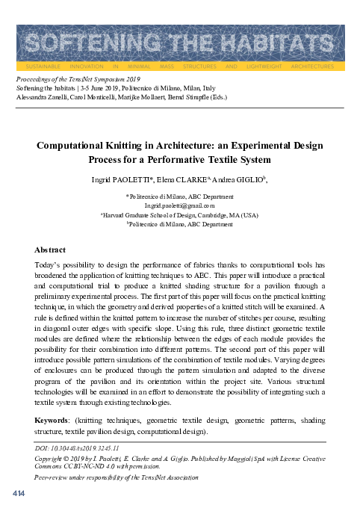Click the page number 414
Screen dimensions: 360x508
click(19, 494)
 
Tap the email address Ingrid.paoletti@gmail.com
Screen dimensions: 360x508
click(180, 205)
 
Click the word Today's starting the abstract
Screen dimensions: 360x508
click(49, 265)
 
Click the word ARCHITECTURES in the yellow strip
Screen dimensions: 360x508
click(314, 66)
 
